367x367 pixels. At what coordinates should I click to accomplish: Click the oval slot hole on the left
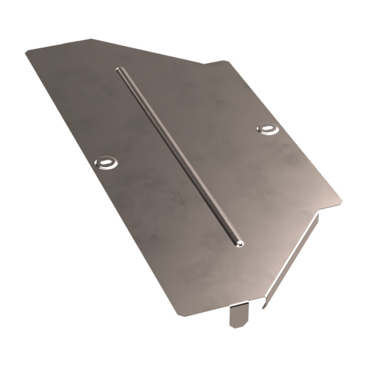pos(106,162)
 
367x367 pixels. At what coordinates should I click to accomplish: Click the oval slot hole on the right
pos(268,128)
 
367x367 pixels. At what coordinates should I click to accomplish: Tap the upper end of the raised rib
pos(119,70)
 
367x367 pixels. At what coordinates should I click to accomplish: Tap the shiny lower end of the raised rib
pos(239,243)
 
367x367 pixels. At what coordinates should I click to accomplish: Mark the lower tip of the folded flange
pos(264,306)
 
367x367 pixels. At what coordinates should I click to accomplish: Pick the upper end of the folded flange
pos(319,215)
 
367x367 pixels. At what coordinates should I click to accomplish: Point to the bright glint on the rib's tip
pos(240,244)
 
